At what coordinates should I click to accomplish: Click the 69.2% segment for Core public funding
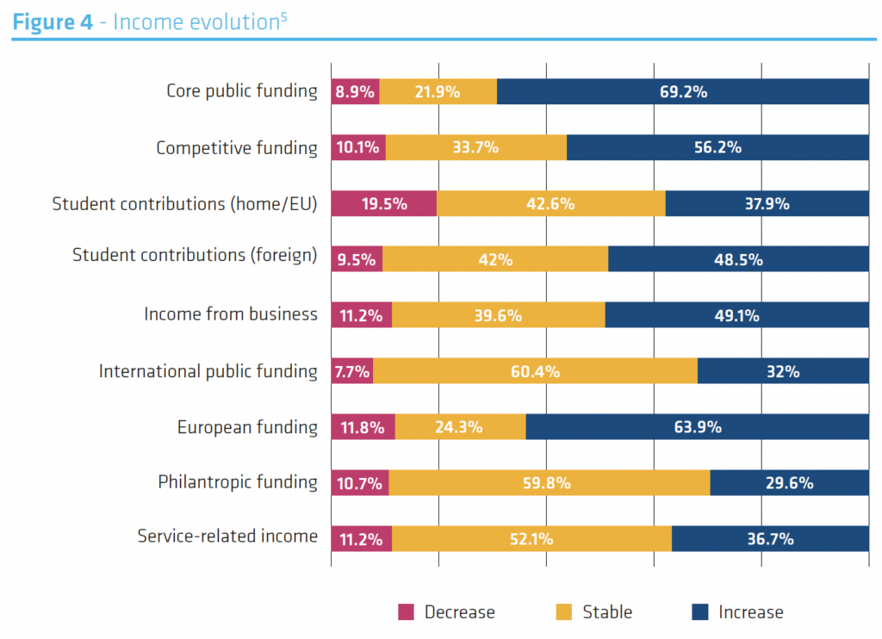(683, 91)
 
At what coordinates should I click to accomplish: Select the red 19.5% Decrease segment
(384, 204)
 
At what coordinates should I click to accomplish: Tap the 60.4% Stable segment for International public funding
(535, 371)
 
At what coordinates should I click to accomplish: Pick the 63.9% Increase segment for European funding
(698, 427)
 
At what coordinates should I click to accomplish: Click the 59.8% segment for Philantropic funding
(550, 483)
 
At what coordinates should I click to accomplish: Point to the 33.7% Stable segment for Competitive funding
(476, 147)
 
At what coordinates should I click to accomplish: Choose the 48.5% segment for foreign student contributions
(739, 259)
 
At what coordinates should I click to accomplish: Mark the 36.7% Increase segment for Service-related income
(770, 539)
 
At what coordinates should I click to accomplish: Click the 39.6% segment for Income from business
(499, 315)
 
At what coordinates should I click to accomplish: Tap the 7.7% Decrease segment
(352, 371)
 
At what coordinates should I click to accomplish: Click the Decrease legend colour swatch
(406, 612)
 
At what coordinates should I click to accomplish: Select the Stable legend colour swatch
(564, 612)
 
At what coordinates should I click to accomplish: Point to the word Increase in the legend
(751, 612)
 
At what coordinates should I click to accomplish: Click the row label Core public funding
(242, 90)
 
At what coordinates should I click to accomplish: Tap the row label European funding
(247, 427)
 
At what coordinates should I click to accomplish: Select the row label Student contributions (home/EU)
(185, 204)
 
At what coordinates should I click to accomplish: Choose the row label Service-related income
(227, 537)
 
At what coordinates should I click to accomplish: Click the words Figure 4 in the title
(53, 22)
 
